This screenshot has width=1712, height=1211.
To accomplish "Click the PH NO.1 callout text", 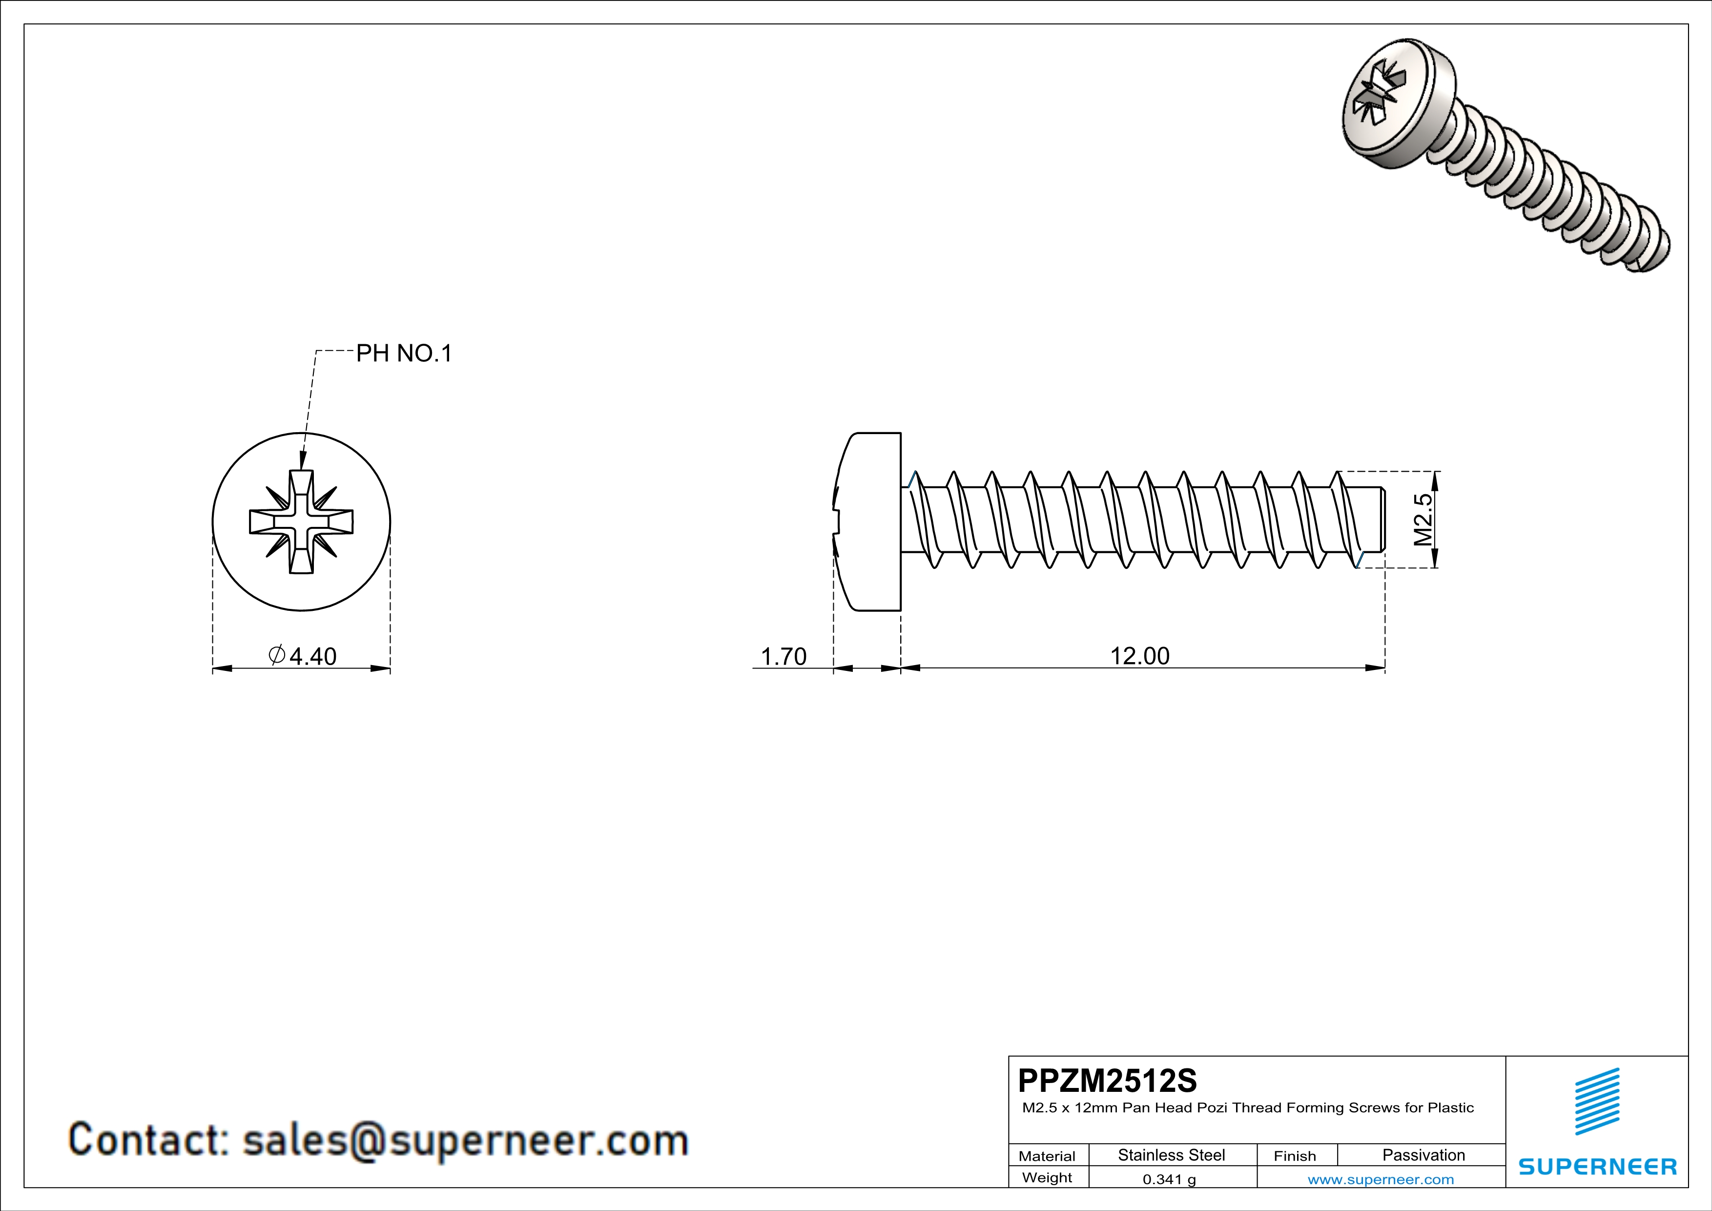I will (403, 354).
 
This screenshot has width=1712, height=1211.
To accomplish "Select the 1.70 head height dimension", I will (783, 656).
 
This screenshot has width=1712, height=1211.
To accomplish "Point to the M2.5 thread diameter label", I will (1423, 520).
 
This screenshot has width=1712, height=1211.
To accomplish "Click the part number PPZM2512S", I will (1107, 1081).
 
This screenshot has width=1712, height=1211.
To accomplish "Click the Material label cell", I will (1047, 1156).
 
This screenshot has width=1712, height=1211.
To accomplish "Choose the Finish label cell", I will (1295, 1156).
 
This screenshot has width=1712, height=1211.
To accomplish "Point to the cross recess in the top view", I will (301, 521).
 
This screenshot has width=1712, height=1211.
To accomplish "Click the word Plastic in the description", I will (1450, 1108).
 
